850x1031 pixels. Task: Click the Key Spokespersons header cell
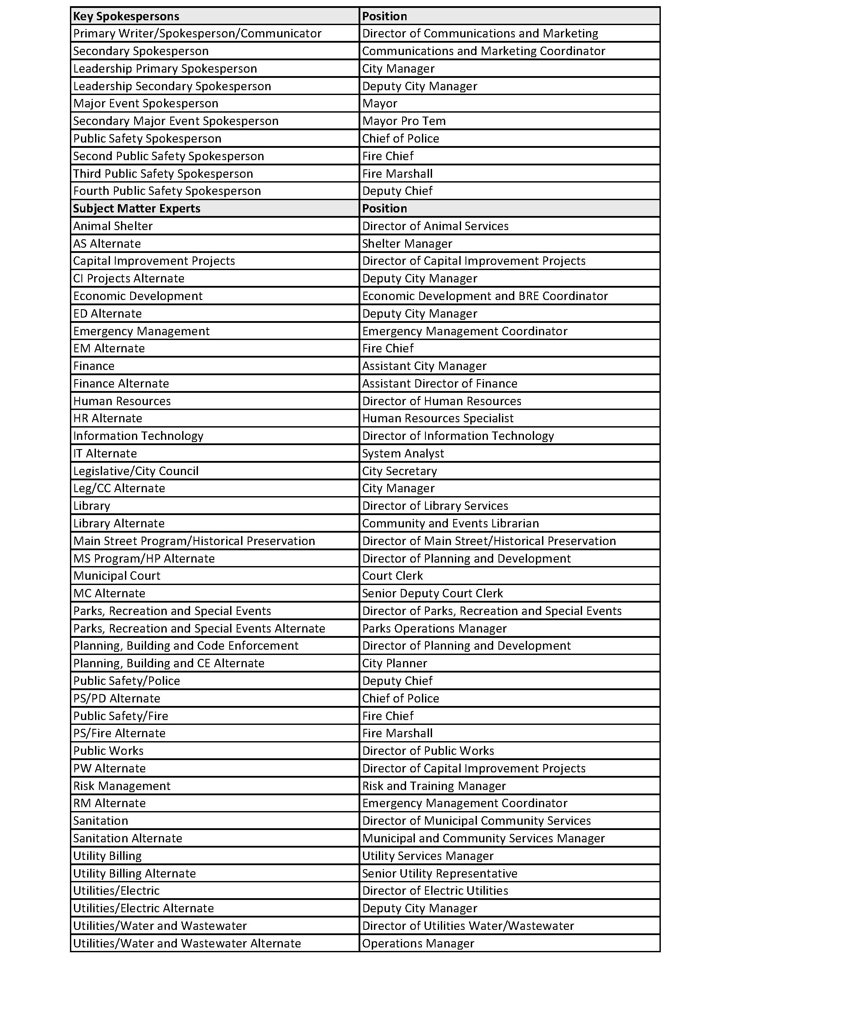point(126,16)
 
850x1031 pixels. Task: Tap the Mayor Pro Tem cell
point(404,121)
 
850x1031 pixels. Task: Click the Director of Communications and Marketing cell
point(480,33)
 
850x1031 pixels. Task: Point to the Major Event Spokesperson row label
point(146,103)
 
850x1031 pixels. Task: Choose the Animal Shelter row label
point(113,226)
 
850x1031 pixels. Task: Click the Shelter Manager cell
point(407,243)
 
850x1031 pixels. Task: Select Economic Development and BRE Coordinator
point(485,296)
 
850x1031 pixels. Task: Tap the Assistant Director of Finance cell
point(440,383)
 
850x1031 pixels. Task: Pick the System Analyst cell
point(403,453)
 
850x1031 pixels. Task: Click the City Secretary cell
point(399,471)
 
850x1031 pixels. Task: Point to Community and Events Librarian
point(451,523)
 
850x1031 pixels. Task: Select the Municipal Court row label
point(117,576)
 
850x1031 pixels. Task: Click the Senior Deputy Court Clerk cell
point(432,593)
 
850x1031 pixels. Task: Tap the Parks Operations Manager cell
point(434,628)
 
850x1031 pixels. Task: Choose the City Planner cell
point(395,663)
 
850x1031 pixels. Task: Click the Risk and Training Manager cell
point(434,786)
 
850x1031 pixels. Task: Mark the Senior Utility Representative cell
point(440,874)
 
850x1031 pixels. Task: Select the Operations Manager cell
point(418,943)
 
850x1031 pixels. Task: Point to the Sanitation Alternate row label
point(128,838)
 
